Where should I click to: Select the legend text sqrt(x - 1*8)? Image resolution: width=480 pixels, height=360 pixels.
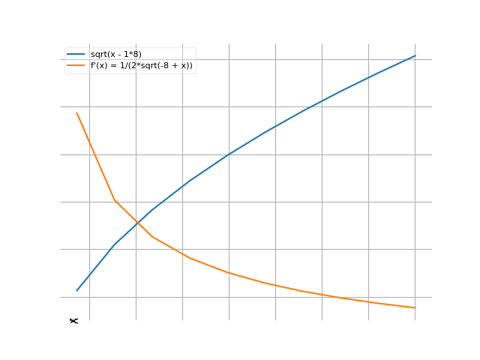pyautogui.click(x=116, y=55)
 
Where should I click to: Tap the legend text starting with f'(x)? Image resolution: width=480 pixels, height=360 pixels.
pyautogui.click(x=142, y=65)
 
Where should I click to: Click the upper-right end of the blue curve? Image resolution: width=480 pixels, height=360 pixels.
pyautogui.click(x=415, y=56)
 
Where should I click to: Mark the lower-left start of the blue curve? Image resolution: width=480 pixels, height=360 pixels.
pyautogui.click(x=76, y=290)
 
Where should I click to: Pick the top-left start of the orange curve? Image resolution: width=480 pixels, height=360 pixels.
pyautogui.click(x=76, y=113)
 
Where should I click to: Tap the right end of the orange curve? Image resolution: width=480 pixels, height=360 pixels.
pyautogui.click(x=415, y=307)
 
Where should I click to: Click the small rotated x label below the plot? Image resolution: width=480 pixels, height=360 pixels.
pyautogui.click(x=73, y=321)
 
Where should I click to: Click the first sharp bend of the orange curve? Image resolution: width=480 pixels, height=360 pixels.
pyautogui.click(x=115, y=200)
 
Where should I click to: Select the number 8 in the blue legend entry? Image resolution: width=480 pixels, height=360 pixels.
pyautogui.click(x=137, y=55)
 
